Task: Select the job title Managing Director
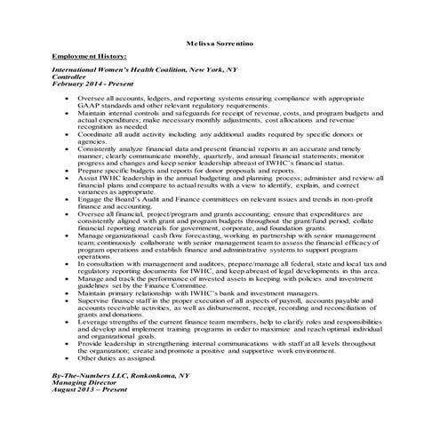(84, 387)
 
